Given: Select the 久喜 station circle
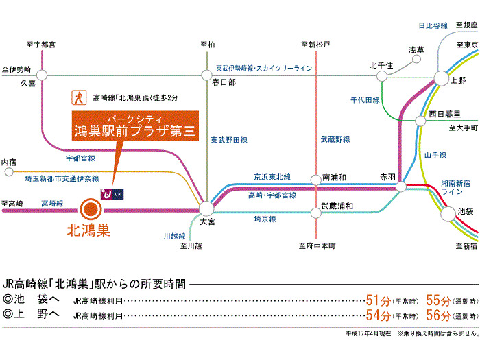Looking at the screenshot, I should click(41, 74).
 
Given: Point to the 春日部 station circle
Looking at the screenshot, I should click(206, 74).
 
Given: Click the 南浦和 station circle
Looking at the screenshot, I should click(316, 179).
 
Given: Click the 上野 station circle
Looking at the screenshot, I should click(439, 79).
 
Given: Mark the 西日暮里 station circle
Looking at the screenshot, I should click(420, 121).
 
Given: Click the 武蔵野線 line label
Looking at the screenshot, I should click(335, 139).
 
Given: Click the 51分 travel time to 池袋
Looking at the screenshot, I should click(378, 300).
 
